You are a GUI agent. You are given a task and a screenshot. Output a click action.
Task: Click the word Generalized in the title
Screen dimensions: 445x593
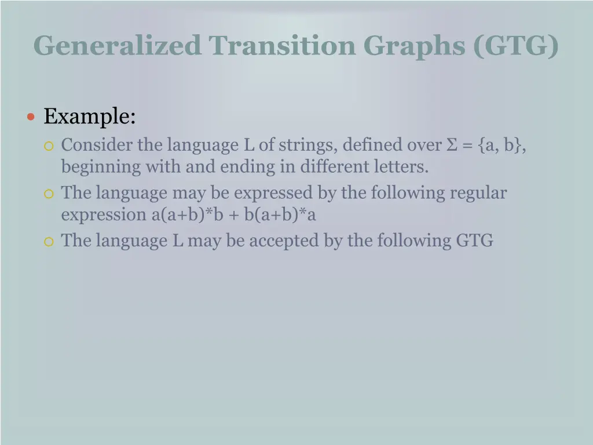(x=118, y=45)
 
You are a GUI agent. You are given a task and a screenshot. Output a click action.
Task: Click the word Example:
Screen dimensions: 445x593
(x=90, y=116)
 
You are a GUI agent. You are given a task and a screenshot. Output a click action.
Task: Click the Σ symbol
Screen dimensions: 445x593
(x=452, y=145)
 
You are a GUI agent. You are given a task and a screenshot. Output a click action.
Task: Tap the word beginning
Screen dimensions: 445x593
(x=101, y=167)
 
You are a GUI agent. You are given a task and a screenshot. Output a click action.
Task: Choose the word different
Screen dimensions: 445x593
(x=335, y=167)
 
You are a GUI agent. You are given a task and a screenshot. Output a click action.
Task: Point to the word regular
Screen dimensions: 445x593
(x=478, y=192)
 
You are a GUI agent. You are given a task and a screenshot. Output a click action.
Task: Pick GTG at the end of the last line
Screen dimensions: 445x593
(x=474, y=240)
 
